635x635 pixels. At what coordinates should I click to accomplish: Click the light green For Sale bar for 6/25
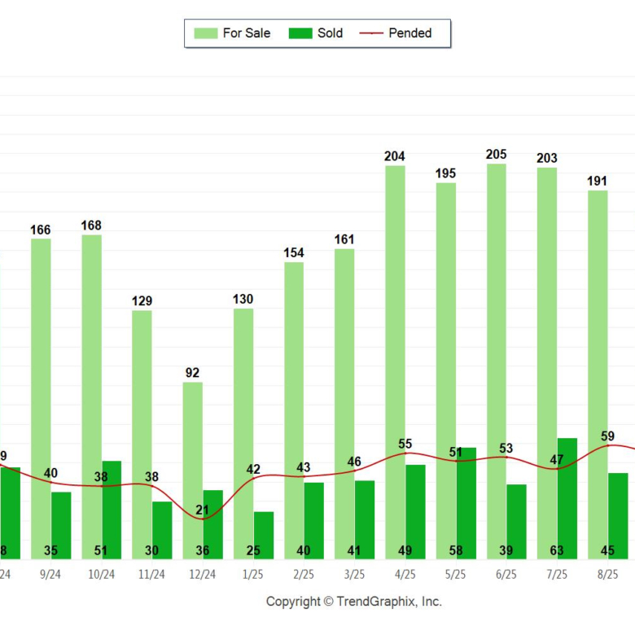496,358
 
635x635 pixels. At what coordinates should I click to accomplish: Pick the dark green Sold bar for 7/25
567,497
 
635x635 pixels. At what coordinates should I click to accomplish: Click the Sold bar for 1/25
263,533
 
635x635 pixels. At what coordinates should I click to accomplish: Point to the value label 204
395,156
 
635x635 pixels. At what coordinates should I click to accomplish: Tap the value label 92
192,373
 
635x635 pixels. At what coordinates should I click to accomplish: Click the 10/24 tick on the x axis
101,574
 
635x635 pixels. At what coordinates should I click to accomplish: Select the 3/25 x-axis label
354,574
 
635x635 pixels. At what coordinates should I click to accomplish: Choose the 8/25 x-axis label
607,574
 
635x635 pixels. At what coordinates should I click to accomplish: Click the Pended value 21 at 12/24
202,510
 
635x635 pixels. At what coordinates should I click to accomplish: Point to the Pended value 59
607,436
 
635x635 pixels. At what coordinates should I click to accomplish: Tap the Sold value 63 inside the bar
556,550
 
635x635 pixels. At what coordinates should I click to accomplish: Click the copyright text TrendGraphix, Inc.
353,602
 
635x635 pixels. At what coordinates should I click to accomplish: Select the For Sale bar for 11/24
142,431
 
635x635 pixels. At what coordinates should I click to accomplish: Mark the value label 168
91,225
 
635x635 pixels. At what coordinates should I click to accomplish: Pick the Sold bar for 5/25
466,501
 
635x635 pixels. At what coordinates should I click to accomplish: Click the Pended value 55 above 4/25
405,444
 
